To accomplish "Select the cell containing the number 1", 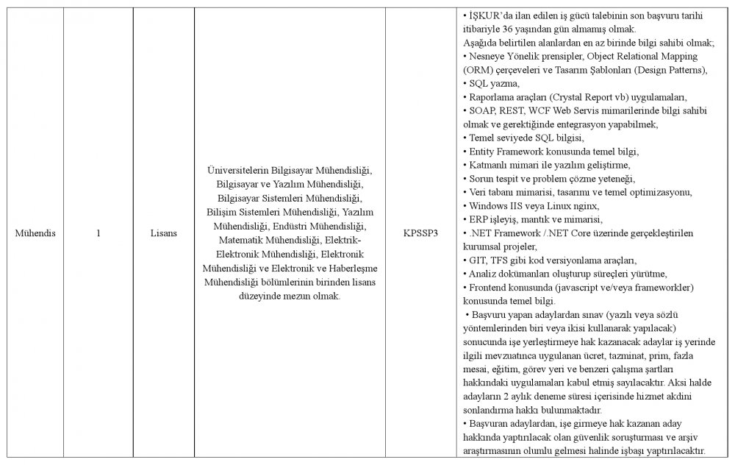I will coord(98,233).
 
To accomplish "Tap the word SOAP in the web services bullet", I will coord(481,110).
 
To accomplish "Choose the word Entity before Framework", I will coord(482,151).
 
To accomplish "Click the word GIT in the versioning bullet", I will coord(477,260).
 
